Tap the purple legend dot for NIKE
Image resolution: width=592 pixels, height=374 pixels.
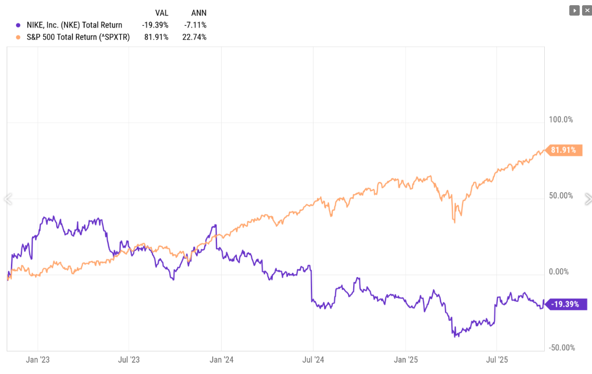(18, 25)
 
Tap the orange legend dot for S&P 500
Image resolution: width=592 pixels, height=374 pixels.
(18, 37)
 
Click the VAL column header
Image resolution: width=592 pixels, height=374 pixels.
(162, 13)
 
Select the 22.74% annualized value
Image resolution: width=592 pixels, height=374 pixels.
(195, 37)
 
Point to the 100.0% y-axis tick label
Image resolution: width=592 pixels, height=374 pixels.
(561, 120)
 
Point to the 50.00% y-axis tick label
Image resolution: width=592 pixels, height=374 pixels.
(561, 196)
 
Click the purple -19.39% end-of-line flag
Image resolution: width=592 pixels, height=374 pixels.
(567, 304)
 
